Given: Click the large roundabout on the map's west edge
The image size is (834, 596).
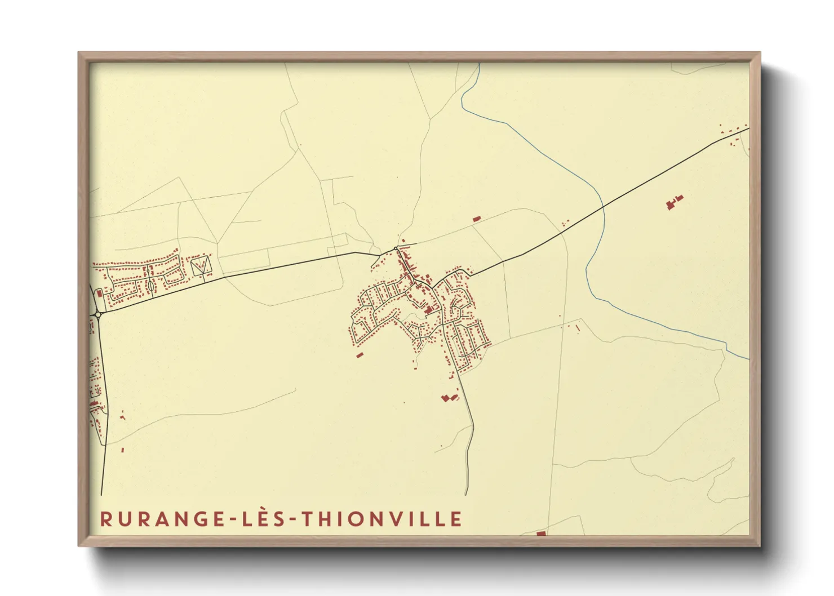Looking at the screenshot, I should pos(97,314).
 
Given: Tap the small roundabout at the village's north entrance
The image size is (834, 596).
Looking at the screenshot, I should pos(396,248).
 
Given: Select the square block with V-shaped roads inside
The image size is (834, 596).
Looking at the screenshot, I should pos(201,266).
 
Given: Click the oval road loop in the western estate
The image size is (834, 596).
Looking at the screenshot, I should pos(151,286).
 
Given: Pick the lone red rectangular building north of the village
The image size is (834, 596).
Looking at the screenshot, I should pos(476,219).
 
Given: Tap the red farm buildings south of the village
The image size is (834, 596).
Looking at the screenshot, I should pos(449,398).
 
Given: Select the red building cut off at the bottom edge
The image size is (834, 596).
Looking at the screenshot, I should pos(541,533).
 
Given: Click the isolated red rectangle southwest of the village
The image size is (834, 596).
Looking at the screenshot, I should pos(360,355).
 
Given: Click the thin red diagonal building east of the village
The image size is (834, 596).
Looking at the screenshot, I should pos(578,328).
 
